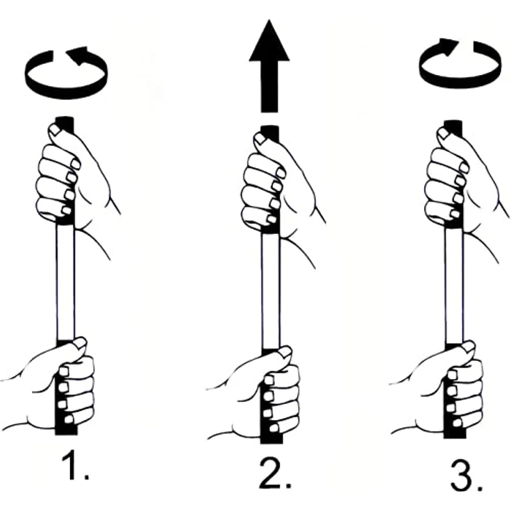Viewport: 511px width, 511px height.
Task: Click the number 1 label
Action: [x=75, y=464]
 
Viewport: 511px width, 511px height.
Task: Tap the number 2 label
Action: [x=275, y=474]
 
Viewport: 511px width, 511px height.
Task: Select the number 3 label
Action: [x=466, y=476]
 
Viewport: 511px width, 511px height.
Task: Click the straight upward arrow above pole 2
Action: [x=269, y=66]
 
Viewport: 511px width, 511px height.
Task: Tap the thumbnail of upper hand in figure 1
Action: [x=54, y=130]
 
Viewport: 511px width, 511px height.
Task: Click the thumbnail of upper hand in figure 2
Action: [x=260, y=138]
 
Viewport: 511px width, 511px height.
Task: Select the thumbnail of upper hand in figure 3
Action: [x=442, y=133]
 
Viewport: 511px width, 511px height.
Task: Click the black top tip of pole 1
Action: [x=65, y=124]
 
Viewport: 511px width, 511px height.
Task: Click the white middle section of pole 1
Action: [x=65, y=282]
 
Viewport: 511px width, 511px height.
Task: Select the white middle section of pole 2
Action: [x=271, y=291]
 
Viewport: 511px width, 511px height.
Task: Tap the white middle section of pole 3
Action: [x=453, y=285]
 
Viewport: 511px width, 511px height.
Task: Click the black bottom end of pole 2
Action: [x=271, y=437]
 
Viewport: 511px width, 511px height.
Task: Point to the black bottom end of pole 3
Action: [x=454, y=433]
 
